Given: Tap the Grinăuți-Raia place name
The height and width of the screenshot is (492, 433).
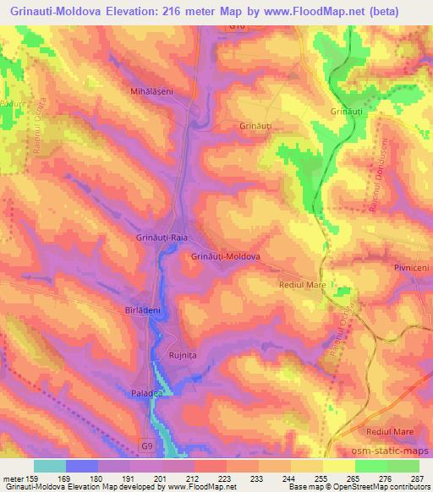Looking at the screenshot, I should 162,238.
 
